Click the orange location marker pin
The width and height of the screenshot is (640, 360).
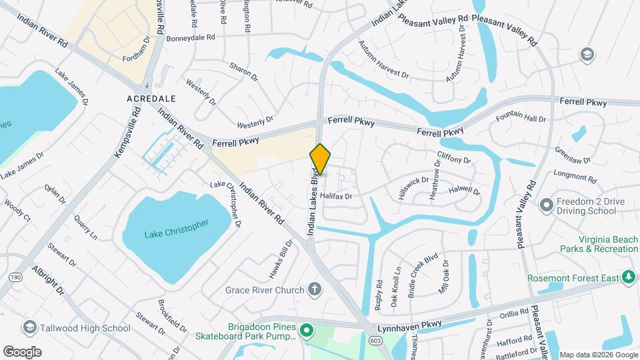point(320,160)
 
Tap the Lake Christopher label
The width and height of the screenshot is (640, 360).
point(177,229)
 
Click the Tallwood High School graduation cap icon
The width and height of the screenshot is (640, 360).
point(29,327)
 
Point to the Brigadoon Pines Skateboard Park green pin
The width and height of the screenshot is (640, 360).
point(306,329)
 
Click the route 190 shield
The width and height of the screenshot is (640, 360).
point(16,277)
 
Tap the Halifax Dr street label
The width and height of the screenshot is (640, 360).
point(335,197)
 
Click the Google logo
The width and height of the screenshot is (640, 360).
point(22,351)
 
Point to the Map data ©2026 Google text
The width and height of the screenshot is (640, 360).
point(598,355)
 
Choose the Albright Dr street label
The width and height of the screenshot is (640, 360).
point(48,281)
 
